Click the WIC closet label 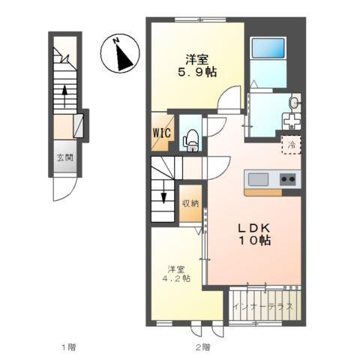(162, 133)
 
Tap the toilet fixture (191, 140)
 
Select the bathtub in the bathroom (268, 48)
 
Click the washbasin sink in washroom (294, 103)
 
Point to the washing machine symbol (291, 121)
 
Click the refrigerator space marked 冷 (291, 145)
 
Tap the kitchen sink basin (258, 179)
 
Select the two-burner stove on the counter (287, 179)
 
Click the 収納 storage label (190, 204)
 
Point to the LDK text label (253, 228)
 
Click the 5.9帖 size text (197, 73)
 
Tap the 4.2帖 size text (176, 278)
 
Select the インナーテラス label (262, 306)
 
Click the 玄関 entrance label (65, 157)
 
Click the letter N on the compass (115, 40)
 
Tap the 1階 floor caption (69, 347)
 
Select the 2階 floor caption (202, 347)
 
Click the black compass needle (124, 58)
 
